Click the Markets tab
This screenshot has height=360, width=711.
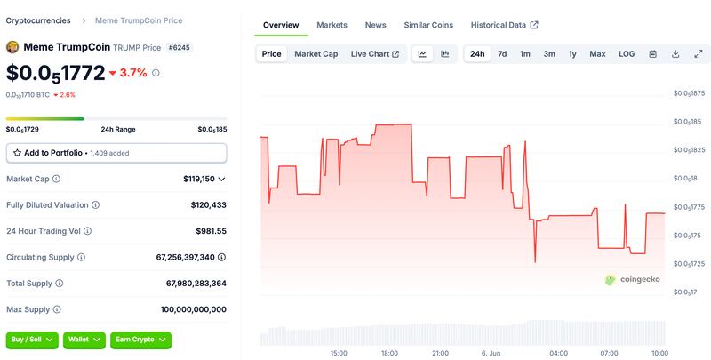332,25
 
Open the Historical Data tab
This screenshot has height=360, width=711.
504,25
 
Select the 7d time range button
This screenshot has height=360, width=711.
502,54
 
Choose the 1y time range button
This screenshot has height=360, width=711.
572,54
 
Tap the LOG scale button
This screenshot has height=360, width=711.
627,54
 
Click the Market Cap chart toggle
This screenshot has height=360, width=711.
316,54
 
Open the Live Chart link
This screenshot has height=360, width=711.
375,54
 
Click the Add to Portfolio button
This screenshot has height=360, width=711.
116,153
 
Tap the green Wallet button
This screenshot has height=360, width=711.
84,340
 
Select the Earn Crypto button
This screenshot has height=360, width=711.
140,340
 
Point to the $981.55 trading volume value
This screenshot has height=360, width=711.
211,231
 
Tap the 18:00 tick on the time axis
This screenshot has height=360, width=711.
389,353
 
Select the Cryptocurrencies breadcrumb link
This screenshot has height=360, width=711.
38,20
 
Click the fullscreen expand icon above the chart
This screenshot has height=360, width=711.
699,54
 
